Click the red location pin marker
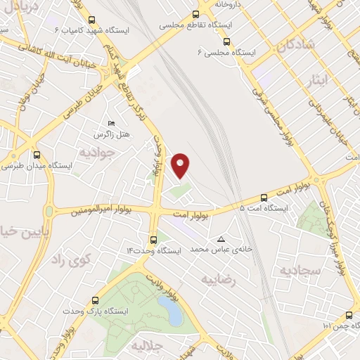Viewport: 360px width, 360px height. pyautogui.click(x=181, y=165)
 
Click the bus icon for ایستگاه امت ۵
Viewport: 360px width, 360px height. pyautogui.click(x=264, y=198)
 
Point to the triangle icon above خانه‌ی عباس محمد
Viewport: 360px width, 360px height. pyautogui.click(x=222, y=238)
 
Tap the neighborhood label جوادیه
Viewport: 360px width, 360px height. pyautogui.click(x=95, y=152)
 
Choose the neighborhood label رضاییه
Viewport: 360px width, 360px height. pyautogui.click(x=217, y=280)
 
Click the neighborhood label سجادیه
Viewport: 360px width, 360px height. pyautogui.click(x=300, y=271)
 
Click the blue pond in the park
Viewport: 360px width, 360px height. pyautogui.click(x=169, y=307)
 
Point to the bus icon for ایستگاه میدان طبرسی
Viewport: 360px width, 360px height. pyautogui.click(x=37, y=155)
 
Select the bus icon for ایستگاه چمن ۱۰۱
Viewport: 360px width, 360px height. pyautogui.click(x=349, y=315)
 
